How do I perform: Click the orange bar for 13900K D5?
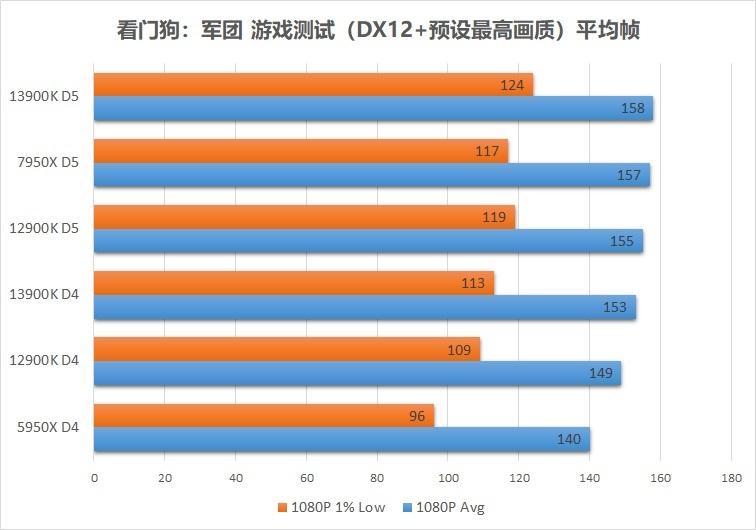(313, 84)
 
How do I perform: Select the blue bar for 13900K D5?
(373, 108)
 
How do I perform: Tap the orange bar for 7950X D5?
(300, 151)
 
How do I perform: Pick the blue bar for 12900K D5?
(368, 241)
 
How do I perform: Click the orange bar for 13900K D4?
(293, 283)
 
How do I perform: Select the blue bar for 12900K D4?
(357, 373)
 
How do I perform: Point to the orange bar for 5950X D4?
(264, 416)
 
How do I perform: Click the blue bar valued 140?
(341, 439)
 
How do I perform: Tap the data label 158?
(632, 109)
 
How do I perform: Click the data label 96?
(417, 416)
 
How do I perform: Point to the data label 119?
(494, 217)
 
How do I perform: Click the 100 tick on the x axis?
(447, 477)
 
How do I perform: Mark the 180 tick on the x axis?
(730, 477)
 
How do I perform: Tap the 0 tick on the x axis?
(94, 477)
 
